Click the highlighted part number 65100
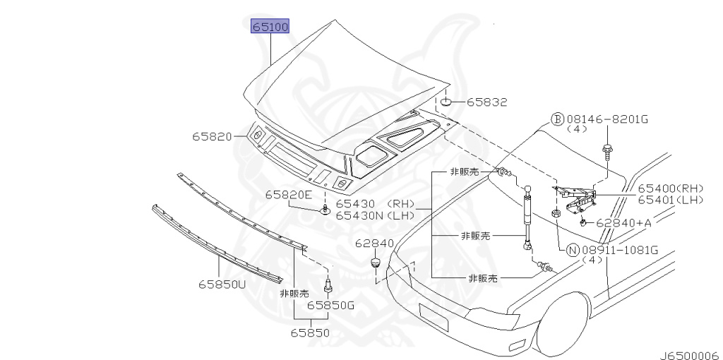coord(270,26)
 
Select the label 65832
coord(487,102)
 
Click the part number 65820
coord(213,136)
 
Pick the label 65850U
coord(222,284)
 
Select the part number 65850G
coord(331,305)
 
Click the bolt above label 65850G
coord(328,285)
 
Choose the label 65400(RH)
coord(671,188)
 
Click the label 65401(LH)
coord(671,200)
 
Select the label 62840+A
coord(623,223)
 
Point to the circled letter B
coord(558,120)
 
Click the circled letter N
coord(572,251)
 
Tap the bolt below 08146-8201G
coord(606,152)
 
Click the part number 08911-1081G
coord(619,251)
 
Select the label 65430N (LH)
coord(375,215)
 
